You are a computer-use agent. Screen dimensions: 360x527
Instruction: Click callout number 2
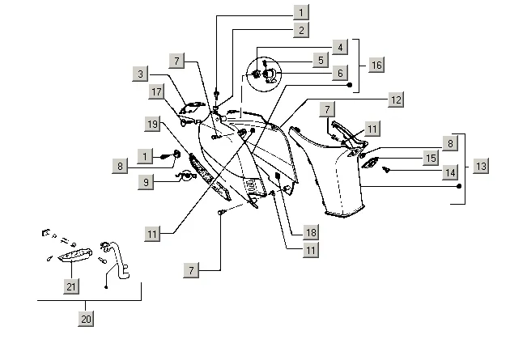[x=300, y=31]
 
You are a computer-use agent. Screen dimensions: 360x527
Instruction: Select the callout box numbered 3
[x=142, y=74]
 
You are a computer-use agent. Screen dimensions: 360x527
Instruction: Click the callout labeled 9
[x=145, y=183]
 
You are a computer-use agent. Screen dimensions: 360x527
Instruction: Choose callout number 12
[x=395, y=99]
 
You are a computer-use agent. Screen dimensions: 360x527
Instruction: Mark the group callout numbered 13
[x=481, y=165]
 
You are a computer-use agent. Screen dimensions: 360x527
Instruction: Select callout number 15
[x=431, y=158]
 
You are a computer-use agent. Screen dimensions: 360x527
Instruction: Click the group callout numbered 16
[x=376, y=63]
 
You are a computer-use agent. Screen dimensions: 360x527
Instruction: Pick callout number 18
[x=310, y=232]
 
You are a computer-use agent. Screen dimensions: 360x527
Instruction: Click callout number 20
[x=87, y=318]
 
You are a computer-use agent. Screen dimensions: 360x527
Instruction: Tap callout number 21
[x=71, y=285]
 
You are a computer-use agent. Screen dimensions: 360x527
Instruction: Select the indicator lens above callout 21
[x=73, y=256]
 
